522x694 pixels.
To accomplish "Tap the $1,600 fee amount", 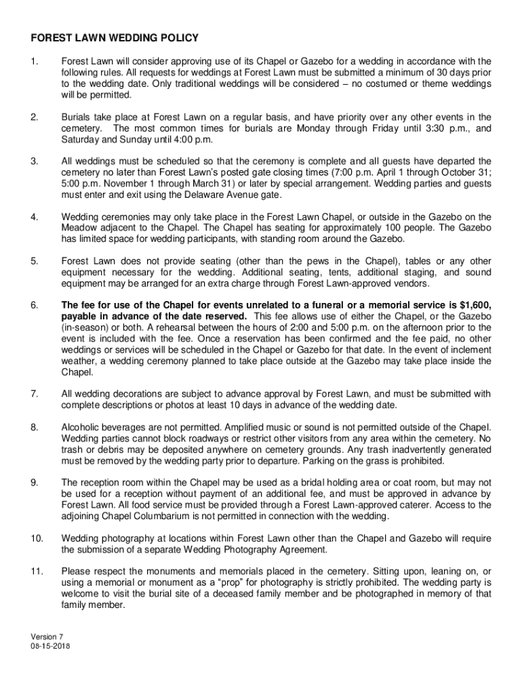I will (x=473, y=306).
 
